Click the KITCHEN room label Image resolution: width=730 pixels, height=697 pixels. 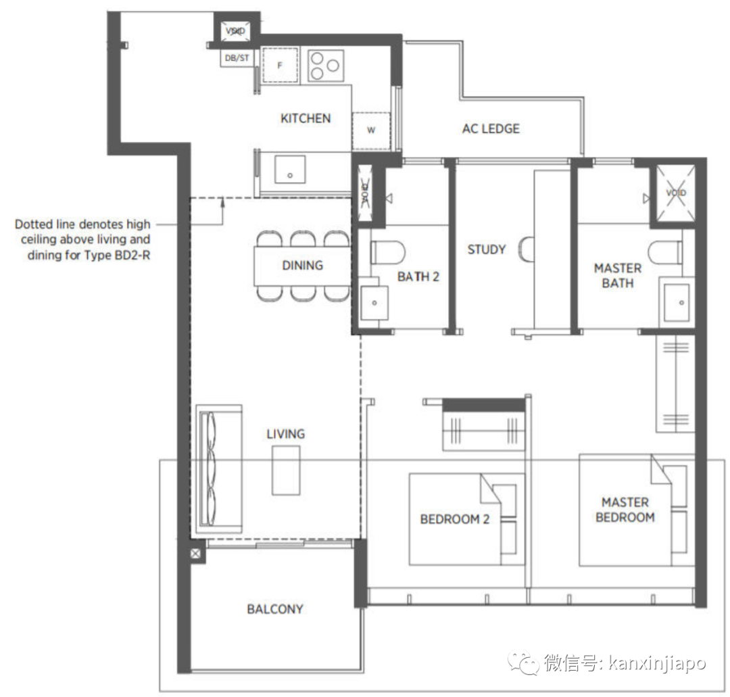click(306, 118)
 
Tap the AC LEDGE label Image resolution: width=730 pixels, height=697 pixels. click(491, 128)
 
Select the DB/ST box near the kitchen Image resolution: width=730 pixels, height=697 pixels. click(237, 57)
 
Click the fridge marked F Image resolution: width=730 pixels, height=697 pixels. click(280, 65)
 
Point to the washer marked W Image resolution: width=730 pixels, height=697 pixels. click(371, 131)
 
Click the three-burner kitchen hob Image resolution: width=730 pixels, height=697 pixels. click(326, 66)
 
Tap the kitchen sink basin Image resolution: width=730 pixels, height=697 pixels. click(290, 170)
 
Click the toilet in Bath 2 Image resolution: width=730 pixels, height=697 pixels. click(387, 252)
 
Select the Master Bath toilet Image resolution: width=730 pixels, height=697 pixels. click(666, 252)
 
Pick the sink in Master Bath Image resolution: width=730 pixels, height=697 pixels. click(677, 302)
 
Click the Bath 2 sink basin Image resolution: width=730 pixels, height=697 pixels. click(374, 303)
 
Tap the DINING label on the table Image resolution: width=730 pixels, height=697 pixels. click(302, 266)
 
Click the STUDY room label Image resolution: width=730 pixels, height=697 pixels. click(487, 249)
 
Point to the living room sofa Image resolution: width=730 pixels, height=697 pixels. click(219, 468)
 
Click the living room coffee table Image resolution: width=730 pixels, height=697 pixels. click(286, 471)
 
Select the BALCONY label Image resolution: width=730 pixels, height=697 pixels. click(274, 609)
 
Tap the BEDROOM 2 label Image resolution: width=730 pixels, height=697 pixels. click(454, 519)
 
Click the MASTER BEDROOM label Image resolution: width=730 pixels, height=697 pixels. click(625, 510)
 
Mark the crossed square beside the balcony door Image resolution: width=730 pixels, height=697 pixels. click(195, 554)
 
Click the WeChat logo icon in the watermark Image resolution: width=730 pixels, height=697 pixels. click(525, 662)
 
